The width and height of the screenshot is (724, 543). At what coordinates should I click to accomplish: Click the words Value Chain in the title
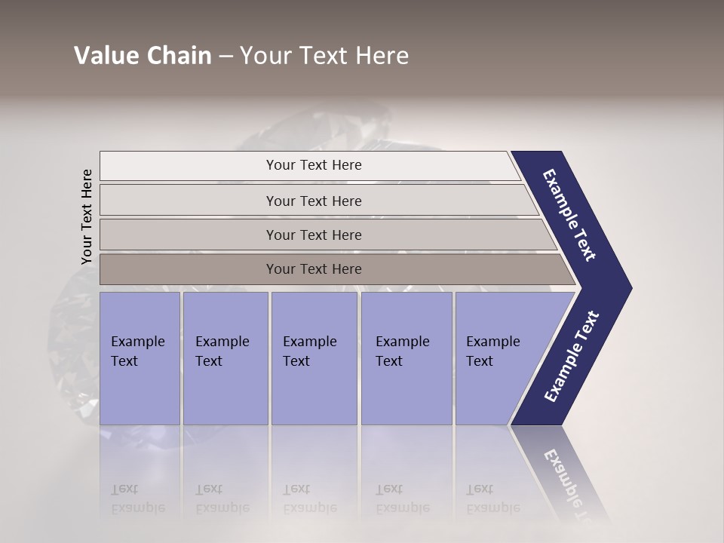tap(143, 56)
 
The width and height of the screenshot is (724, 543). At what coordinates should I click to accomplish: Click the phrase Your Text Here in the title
tap(324, 56)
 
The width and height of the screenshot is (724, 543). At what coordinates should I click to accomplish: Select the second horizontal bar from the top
tap(314, 201)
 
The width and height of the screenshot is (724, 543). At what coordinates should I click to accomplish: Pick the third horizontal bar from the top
tap(314, 235)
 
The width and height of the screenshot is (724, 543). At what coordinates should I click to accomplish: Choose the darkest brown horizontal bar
tap(314, 269)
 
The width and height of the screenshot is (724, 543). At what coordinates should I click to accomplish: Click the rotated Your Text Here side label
tap(87, 216)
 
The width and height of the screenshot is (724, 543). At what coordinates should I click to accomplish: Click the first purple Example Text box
tap(140, 357)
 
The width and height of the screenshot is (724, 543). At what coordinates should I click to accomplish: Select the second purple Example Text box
tap(225, 357)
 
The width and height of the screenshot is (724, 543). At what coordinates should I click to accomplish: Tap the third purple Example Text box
tap(314, 357)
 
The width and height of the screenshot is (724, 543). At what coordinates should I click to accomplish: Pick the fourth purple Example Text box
tap(406, 357)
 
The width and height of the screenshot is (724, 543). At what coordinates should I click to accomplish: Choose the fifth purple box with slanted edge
tap(498, 357)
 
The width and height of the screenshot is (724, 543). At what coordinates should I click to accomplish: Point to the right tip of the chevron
tap(627, 288)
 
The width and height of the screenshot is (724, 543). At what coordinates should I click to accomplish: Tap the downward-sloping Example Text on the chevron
tap(569, 215)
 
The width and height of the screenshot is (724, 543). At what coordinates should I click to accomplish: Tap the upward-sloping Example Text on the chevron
tap(572, 357)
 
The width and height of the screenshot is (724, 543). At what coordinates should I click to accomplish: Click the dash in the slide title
tap(225, 57)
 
